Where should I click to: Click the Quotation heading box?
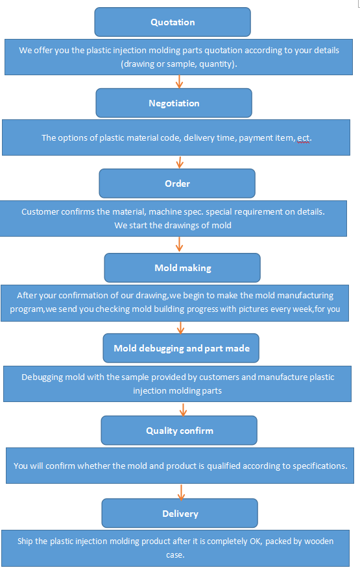[x=173, y=22]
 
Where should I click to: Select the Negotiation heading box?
[x=174, y=103]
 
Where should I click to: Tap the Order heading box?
[x=177, y=184]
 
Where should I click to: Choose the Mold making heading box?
[x=182, y=268]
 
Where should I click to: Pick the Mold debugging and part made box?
[x=181, y=348]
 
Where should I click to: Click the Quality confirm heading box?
[x=179, y=431]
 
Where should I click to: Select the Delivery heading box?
[x=180, y=514]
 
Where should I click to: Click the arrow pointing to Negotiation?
[x=179, y=82]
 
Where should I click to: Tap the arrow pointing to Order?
[x=180, y=162]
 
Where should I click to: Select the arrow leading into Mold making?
[x=179, y=244]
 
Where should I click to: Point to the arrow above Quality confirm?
[x=183, y=410]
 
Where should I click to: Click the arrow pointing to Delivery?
[x=181, y=492]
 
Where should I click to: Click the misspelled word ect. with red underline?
[x=304, y=138]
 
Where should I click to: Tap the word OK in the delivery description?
[x=256, y=541]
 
